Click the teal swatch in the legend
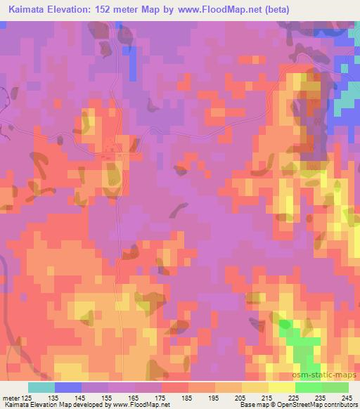click(x=41, y=388)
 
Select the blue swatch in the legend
click(x=68, y=388)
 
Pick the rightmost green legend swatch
click(x=335, y=388)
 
